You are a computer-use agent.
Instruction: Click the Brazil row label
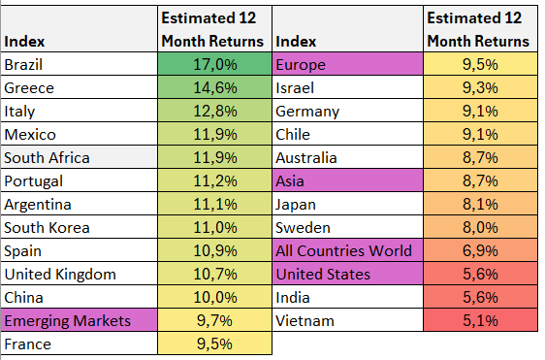pos(23,65)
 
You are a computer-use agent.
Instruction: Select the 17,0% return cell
pos(215,64)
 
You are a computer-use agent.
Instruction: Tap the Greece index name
pos(29,88)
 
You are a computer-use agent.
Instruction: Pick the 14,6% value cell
pos(215,87)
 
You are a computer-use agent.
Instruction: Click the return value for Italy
pos(215,111)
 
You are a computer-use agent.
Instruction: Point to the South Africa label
pos(47,158)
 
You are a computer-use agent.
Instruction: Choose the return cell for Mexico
pos(215,134)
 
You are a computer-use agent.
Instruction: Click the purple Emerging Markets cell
pos(80,320)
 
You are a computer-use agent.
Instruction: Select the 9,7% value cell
pos(215,320)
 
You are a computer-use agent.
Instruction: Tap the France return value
pos(215,344)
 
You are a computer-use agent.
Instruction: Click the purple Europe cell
pos(348,64)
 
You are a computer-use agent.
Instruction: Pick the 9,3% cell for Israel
pos(480,87)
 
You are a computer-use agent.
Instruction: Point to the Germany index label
pos(307,112)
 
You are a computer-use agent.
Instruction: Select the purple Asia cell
pos(348,180)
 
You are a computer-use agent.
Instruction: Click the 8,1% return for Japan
pos(480,204)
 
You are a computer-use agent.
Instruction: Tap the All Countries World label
pos(343,250)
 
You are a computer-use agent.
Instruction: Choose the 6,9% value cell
pos(480,250)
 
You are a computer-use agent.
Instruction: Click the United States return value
pos(480,274)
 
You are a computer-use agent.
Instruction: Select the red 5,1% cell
pos(480,320)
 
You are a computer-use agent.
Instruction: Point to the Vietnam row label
pos(305,320)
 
